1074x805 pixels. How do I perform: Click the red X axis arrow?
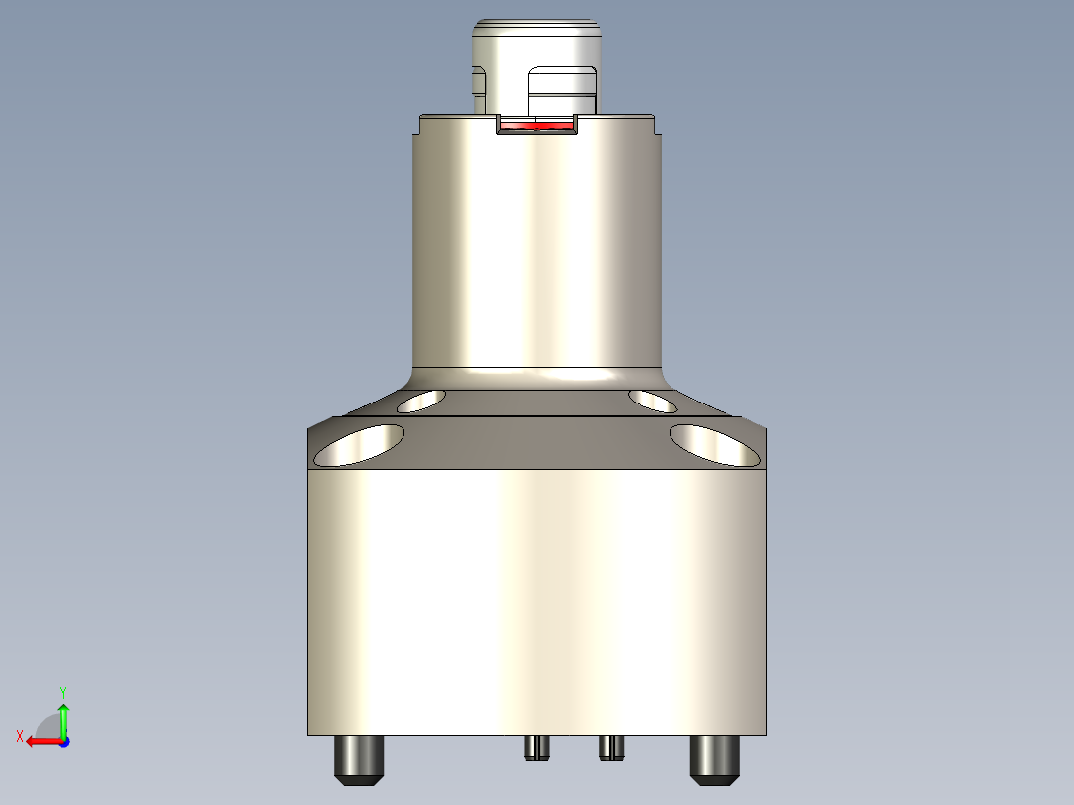click(x=40, y=741)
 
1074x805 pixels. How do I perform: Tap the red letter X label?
click(x=20, y=736)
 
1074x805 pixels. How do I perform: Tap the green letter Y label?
click(x=63, y=690)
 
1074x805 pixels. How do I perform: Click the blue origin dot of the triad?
click(x=63, y=741)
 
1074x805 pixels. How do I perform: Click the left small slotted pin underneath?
click(x=537, y=747)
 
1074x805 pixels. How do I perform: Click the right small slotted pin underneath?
click(x=612, y=746)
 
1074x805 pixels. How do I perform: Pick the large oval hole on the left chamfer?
click(x=359, y=445)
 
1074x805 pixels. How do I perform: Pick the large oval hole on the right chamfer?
click(x=715, y=445)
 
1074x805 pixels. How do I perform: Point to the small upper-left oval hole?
click(x=421, y=402)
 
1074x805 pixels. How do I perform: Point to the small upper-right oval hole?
click(x=654, y=402)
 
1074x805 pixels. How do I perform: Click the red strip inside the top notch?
click(x=538, y=126)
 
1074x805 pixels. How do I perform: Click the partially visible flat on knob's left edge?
click(x=478, y=88)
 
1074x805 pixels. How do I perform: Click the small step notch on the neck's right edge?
click(x=656, y=127)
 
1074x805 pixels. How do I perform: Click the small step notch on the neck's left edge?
click(x=417, y=127)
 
